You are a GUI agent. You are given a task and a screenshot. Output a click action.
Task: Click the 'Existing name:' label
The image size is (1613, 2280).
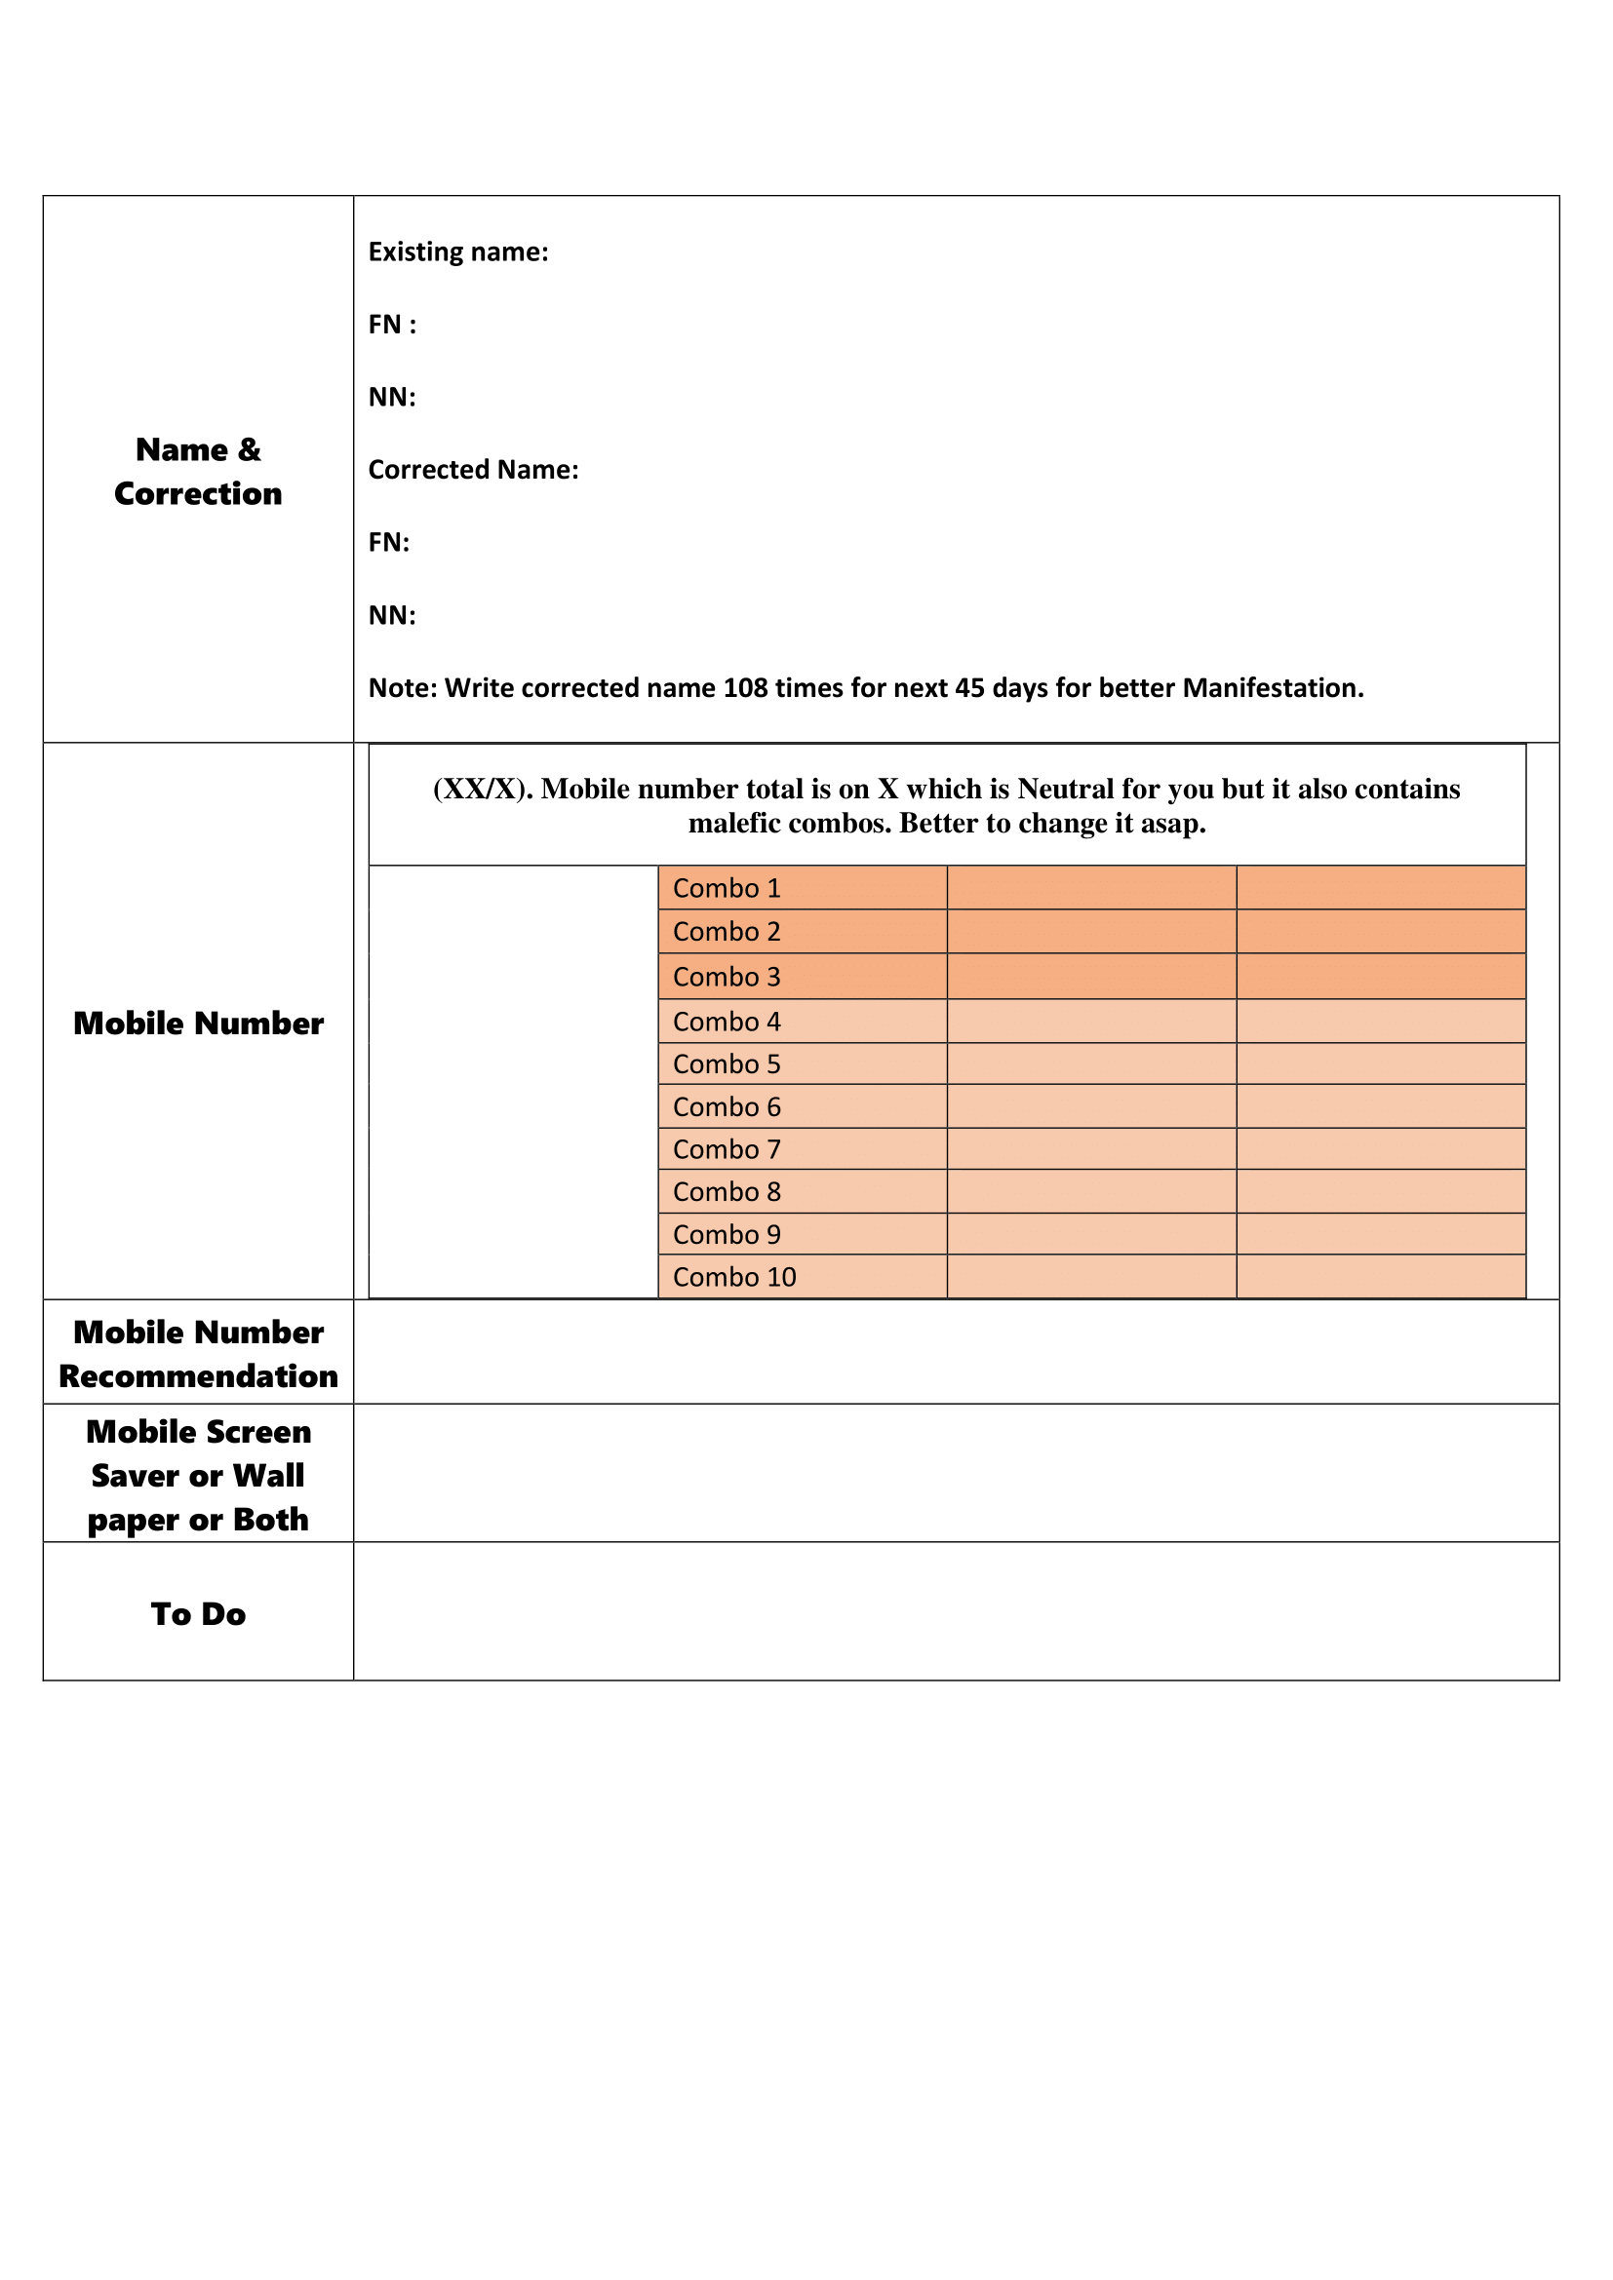(x=458, y=252)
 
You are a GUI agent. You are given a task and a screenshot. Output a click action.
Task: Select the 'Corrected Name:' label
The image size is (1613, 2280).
(x=473, y=470)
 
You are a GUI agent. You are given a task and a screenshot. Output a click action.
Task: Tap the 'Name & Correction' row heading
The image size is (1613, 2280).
(x=198, y=472)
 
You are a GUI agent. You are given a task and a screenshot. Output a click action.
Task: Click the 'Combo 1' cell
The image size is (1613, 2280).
(x=728, y=889)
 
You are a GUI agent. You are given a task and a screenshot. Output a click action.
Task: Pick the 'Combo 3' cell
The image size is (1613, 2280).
(x=728, y=977)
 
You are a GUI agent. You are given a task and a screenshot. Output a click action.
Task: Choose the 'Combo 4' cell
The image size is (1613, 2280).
(x=728, y=1022)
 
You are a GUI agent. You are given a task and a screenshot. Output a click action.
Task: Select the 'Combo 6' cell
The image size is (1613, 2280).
(x=728, y=1107)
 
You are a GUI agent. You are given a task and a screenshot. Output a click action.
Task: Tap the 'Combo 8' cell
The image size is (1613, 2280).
(x=728, y=1191)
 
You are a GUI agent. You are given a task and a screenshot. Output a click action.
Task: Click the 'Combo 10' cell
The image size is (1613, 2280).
(x=734, y=1277)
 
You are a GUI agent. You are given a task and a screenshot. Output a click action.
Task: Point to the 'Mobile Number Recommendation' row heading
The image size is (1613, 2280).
(x=198, y=1354)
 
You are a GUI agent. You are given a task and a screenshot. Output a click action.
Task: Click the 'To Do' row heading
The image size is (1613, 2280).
(x=198, y=1613)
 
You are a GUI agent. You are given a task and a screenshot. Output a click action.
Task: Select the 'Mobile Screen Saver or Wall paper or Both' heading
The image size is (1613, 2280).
(x=198, y=1476)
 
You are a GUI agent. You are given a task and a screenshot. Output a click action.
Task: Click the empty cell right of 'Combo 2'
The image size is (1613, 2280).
(x=1091, y=933)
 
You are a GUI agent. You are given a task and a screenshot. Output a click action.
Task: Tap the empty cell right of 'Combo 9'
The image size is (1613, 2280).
(x=1091, y=1234)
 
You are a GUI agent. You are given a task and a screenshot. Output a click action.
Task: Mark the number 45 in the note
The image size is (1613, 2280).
(x=970, y=688)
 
